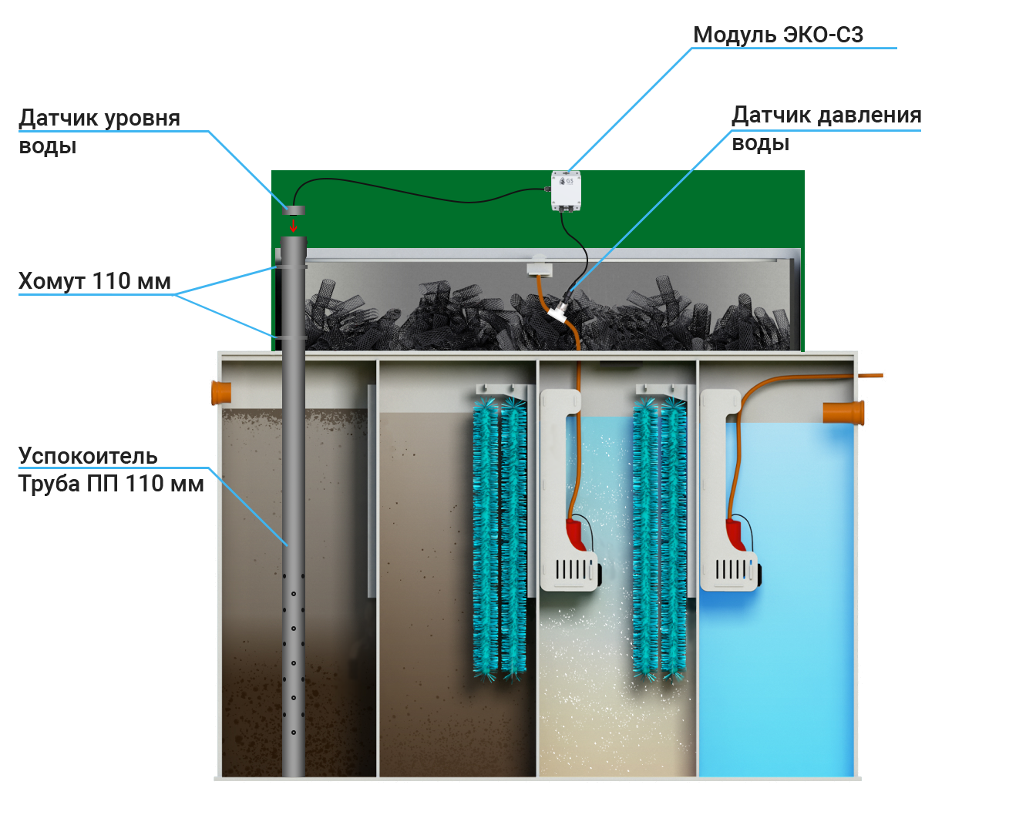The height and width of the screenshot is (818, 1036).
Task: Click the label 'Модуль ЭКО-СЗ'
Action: click(x=778, y=35)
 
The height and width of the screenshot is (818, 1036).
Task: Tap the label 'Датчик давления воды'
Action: click(x=825, y=129)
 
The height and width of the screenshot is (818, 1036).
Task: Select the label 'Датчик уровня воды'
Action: click(x=98, y=132)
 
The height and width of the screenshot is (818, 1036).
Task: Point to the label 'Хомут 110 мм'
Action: click(x=93, y=281)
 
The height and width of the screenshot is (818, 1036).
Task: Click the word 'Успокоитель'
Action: click(x=88, y=456)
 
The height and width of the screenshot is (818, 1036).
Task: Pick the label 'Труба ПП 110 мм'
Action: click(x=110, y=484)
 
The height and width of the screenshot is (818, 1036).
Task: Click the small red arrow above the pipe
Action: click(x=293, y=226)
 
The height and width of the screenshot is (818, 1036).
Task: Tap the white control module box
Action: click(x=566, y=190)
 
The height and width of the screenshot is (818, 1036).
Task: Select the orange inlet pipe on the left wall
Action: click(x=221, y=393)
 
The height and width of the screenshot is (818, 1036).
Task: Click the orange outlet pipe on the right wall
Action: click(x=843, y=413)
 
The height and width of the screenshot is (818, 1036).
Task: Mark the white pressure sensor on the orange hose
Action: click(x=559, y=311)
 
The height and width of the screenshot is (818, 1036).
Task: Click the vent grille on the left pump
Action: click(x=571, y=570)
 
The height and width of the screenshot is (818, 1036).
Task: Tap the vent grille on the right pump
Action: click(x=731, y=570)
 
